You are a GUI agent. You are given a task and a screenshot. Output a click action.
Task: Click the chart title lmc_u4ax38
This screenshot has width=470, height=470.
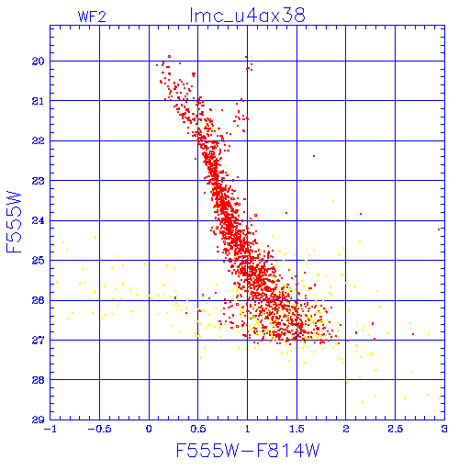click(x=247, y=16)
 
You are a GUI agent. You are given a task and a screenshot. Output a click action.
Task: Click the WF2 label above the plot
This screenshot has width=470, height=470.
click(x=92, y=17)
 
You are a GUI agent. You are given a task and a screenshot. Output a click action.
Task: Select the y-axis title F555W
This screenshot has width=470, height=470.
click(x=14, y=222)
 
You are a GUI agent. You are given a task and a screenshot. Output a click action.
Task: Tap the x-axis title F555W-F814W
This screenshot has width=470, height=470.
click(x=248, y=450)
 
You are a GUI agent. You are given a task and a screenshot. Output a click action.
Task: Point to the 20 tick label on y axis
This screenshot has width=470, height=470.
click(x=39, y=62)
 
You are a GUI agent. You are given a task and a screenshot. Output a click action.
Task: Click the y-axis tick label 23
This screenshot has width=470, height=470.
click(x=39, y=181)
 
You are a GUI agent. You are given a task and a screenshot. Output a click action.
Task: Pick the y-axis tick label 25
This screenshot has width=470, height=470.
click(x=39, y=261)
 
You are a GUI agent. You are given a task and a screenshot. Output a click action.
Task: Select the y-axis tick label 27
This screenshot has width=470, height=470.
click(x=39, y=340)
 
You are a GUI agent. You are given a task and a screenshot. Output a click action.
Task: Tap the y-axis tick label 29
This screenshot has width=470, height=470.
click(x=39, y=420)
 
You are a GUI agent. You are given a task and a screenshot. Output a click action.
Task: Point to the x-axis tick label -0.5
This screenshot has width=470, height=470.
click(x=99, y=429)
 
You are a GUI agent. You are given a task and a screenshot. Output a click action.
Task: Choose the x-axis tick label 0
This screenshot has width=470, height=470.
click(x=149, y=429)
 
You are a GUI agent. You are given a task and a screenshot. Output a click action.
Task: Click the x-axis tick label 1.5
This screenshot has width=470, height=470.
click(x=297, y=429)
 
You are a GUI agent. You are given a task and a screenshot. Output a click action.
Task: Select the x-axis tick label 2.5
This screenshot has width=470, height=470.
click(x=396, y=429)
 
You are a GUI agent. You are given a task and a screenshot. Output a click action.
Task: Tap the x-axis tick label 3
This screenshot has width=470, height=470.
click(x=444, y=429)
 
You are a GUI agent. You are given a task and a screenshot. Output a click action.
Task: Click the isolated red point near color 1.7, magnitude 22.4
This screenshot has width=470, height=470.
click(x=314, y=156)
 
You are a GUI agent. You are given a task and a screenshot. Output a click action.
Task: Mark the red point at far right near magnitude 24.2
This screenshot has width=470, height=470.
click(x=439, y=229)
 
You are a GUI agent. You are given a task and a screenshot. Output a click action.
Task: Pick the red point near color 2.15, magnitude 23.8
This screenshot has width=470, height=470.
click(x=361, y=214)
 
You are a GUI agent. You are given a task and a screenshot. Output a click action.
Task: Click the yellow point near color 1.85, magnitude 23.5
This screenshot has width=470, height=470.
click(x=333, y=201)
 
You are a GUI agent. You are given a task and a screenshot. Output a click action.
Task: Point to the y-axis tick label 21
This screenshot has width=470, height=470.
click(x=39, y=101)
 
